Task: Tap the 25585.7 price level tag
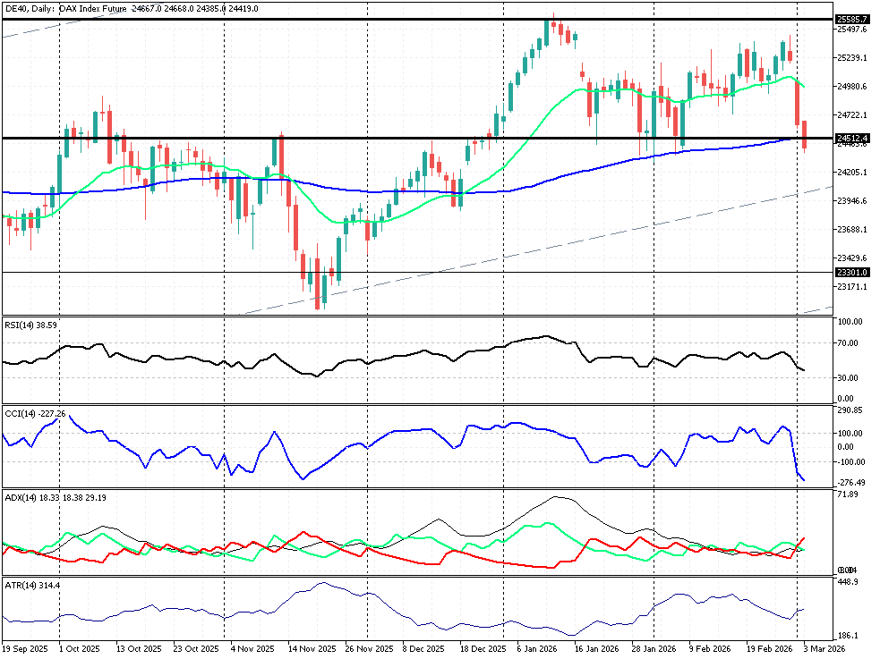point(851,19)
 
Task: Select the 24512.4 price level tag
point(851,139)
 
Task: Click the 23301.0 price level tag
point(851,273)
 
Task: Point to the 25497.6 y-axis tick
point(851,30)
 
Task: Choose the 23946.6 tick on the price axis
point(851,201)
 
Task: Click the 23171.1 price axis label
point(851,287)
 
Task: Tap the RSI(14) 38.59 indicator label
point(31,325)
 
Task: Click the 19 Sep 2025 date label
point(24,648)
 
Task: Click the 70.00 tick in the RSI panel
point(850,343)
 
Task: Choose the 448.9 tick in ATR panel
point(848,582)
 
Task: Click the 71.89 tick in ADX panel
point(849,494)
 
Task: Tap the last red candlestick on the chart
point(805,135)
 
